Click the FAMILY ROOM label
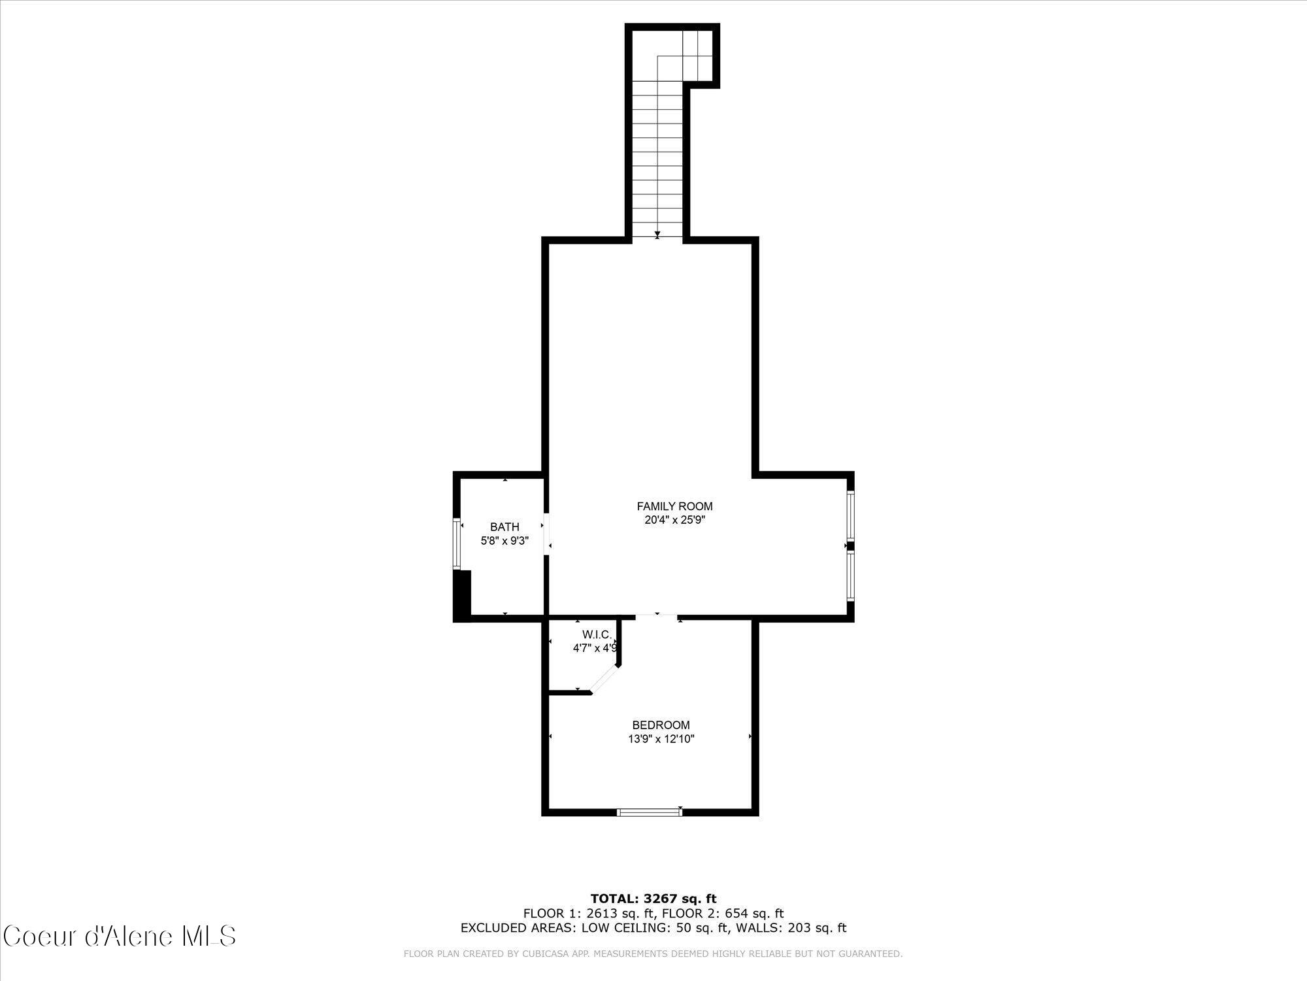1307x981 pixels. click(x=674, y=506)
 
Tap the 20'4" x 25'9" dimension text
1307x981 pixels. click(x=674, y=521)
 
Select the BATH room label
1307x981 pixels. click(x=505, y=527)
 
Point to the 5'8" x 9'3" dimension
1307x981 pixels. click(x=505, y=541)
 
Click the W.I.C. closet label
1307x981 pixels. click(x=597, y=634)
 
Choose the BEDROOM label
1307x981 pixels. click(x=661, y=725)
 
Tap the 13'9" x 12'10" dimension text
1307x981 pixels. click(x=661, y=740)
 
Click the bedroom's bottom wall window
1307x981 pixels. click(x=650, y=812)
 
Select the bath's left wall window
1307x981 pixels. click(x=457, y=543)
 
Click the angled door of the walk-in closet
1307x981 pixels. click(x=605, y=680)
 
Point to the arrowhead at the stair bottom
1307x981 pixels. click(x=657, y=233)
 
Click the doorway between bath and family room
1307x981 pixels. click(x=546, y=533)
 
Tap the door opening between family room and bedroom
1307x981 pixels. click(x=657, y=616)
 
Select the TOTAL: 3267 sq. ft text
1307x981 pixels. click(x=653, y=899)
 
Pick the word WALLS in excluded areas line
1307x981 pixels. click(x=771, y=927)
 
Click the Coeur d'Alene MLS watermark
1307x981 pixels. click(x=120, y=936)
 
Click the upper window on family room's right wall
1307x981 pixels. click(x=850, y=515)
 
